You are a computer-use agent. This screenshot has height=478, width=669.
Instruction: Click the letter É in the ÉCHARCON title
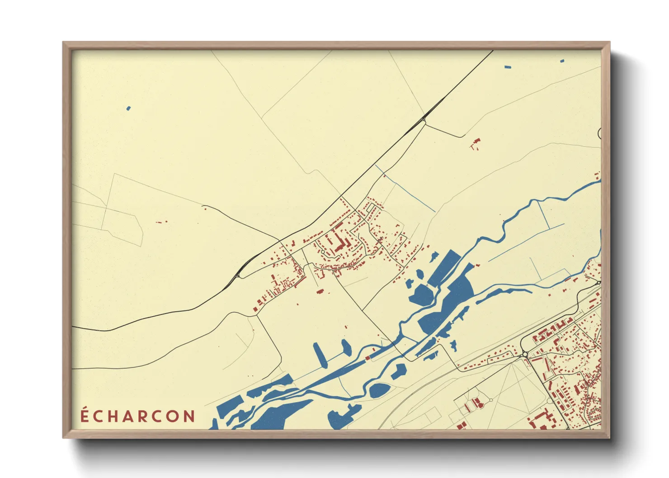point(85,416)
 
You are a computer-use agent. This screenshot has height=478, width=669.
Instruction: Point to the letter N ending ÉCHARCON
point(189,416)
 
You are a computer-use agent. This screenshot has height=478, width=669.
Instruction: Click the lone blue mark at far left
point(128,108)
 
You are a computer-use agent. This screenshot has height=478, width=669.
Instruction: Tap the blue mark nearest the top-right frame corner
point(562,61)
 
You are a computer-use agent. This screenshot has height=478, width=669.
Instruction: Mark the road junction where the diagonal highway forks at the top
point(423,119)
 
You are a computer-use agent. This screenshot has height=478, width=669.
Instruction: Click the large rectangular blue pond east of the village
point(444,268)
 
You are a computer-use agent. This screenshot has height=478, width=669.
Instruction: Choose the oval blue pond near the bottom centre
point(379,390)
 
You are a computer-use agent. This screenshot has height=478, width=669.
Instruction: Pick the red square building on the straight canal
point(367,358)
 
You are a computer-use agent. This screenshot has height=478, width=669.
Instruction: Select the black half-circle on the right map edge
point(599,133)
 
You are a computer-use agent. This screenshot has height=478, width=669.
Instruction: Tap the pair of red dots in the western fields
point(160,222)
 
